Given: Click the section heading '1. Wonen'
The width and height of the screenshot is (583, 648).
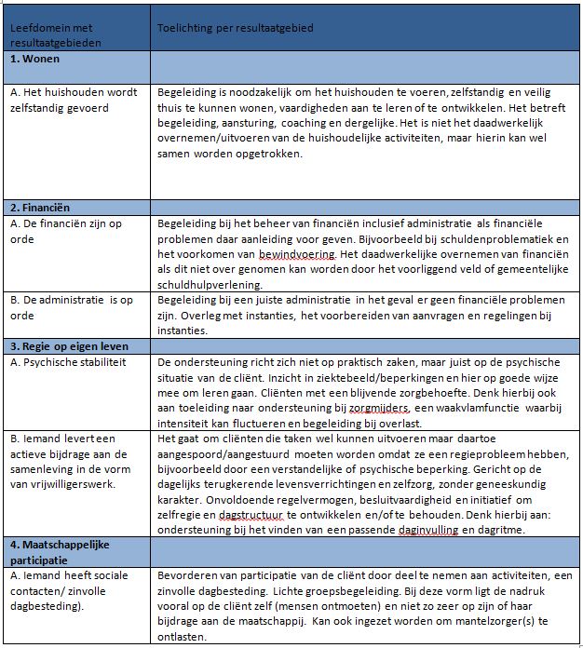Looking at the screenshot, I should (35, 60).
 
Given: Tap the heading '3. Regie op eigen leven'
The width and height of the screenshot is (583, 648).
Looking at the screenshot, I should (70, 345).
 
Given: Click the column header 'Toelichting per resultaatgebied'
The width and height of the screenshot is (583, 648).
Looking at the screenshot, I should (236, 28).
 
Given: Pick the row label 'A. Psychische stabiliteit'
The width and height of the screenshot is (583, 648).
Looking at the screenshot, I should (67, 361).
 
